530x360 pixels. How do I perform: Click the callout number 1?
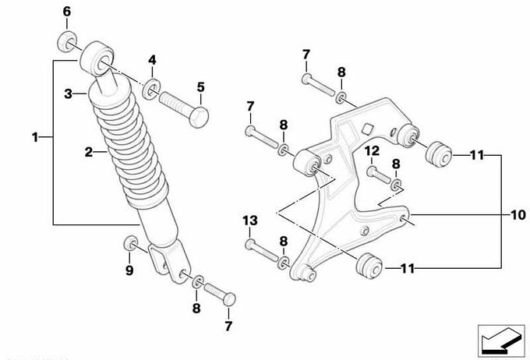(x=35, y=138)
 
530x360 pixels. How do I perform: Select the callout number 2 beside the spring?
(x=89, y=153)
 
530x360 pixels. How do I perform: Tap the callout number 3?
(x=68, y=94)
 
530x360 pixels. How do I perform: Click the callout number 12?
(x=373, y=150)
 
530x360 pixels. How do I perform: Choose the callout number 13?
(x=249, y=222)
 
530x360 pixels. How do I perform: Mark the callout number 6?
(x=65, y=12)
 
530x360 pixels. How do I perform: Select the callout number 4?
(x=153, y=59)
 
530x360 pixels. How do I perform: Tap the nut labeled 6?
(x=68, y=41)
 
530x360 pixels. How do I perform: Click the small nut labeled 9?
(x=130, y=248)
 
